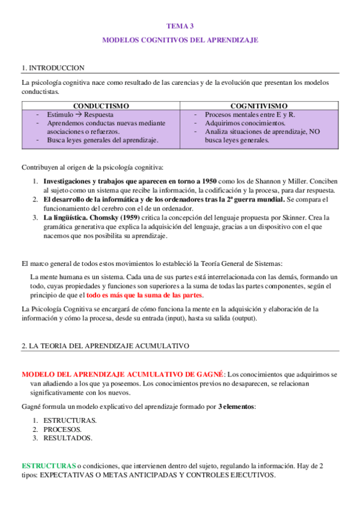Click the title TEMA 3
pos(180,26)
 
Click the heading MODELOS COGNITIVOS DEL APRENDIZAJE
pos(180,40)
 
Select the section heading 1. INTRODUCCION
pos(53,68)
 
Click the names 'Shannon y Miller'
pos(284,181)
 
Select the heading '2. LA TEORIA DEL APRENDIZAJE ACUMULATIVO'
pos(105,346)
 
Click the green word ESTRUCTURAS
pos(49,466)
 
